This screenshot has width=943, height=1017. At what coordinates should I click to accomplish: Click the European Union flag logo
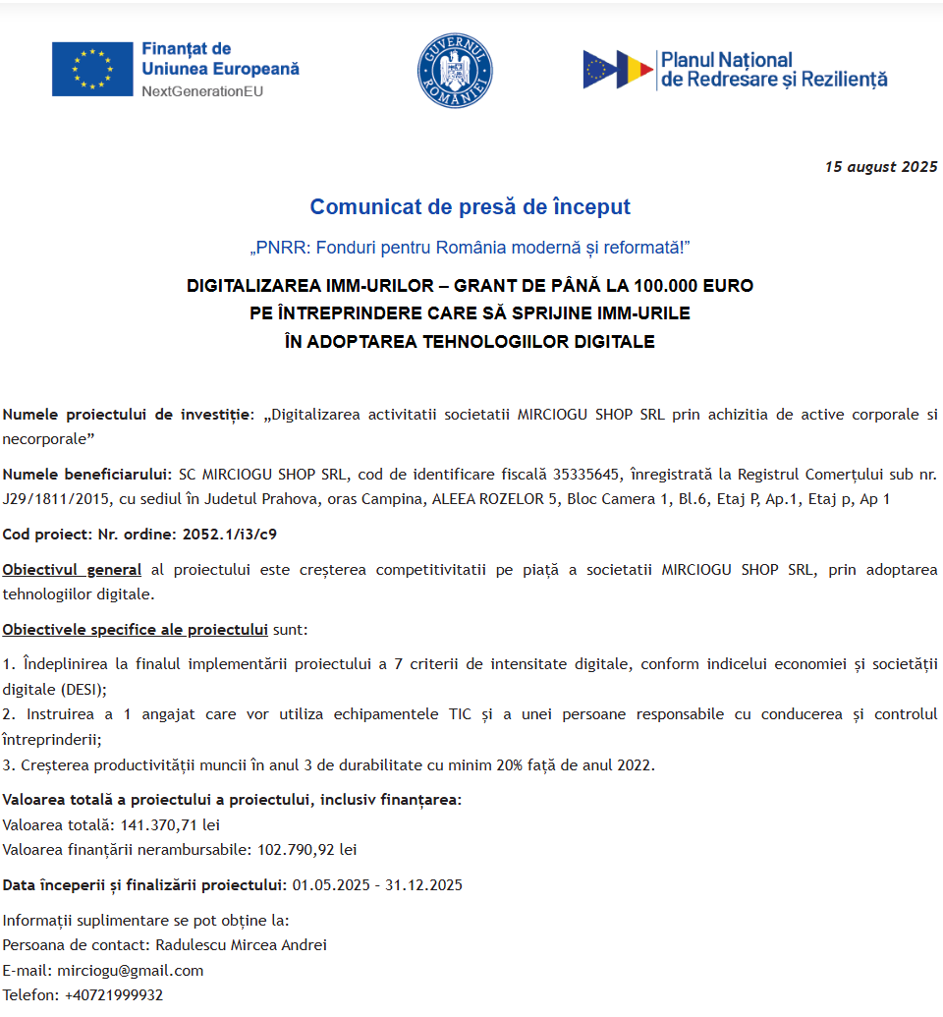[92, 69]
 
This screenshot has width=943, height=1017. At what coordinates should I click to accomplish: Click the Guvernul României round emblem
[455, 71]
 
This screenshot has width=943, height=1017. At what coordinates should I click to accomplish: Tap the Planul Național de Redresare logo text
[773, 70]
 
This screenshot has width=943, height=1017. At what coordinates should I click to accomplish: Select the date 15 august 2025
[881, 167]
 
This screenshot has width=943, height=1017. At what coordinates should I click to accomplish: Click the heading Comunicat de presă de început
[470, 207]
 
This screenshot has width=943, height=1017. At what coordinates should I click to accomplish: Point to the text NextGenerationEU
[202, 91]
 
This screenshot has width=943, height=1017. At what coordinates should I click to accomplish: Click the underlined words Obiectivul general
[72, 570]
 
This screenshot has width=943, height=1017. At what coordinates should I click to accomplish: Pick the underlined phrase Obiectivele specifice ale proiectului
[136, 629]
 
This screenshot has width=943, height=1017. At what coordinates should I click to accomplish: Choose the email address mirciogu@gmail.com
[131, 971]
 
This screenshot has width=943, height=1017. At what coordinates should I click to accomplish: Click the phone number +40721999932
[114, 995]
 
